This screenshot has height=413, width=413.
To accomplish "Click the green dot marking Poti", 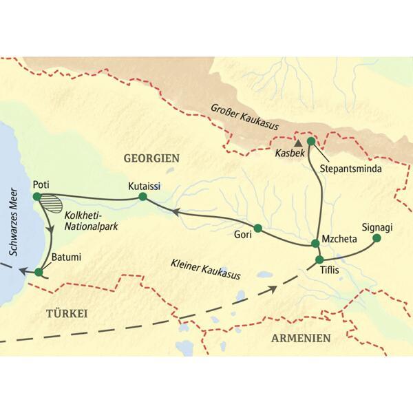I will click(36, 198).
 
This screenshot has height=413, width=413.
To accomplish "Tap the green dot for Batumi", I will click(39, 272).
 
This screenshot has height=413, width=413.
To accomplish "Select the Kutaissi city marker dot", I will click(142, 197).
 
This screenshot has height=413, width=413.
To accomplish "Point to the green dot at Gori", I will click(258, 229).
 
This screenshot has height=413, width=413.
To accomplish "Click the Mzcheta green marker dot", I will click(315, 243).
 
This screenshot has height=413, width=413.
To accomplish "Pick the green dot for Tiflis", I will click(319, 260).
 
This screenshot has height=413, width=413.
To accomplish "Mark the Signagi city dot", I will click(377, 238).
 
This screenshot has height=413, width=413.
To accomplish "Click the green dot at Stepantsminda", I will click(310, 141).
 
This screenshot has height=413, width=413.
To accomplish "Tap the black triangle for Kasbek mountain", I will click(298, 143).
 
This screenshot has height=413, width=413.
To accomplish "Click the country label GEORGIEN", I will click(151, 158).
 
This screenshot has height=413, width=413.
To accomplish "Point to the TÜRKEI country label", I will click(67, 313).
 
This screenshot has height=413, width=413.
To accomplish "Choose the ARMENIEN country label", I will click(301, 338).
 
